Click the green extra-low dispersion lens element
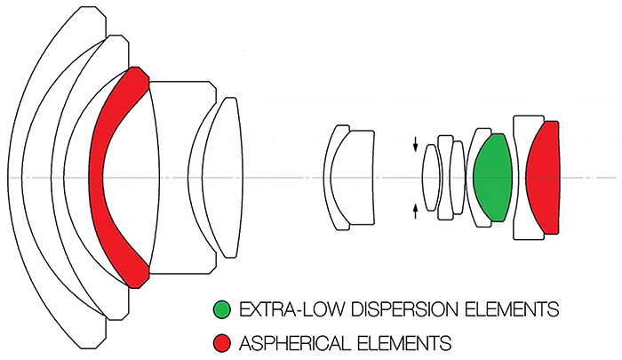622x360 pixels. [492, 178]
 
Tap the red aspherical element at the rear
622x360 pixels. [544, 178]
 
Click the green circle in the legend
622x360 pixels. [222, 309]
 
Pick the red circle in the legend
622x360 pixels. [222, 343]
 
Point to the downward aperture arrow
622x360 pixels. [415, 145]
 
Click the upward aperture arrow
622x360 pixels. [415, 212]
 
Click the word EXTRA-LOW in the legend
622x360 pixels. [293, 309]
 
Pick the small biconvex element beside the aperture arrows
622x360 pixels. [431, 178]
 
